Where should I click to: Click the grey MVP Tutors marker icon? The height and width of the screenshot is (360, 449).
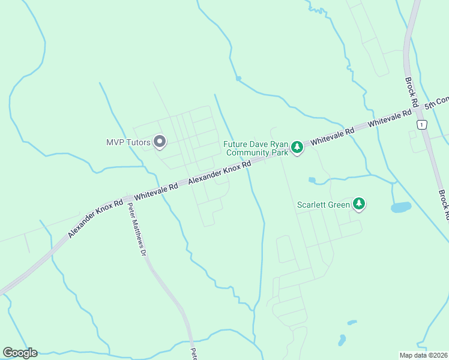tap(160, 142)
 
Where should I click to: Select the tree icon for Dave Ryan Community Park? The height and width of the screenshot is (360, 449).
tap(297, 148)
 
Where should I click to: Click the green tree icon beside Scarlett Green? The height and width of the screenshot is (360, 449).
tap(359, 204)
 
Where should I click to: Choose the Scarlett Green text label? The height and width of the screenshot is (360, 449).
tap(324, 205)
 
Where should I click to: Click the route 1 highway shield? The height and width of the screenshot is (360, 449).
tap(422, 124)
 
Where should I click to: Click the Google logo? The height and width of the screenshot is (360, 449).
tap(20, 353)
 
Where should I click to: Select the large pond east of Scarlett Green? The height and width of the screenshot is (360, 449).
tap(400, 208)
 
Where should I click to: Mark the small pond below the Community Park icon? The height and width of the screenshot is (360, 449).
tap(312, 179)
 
